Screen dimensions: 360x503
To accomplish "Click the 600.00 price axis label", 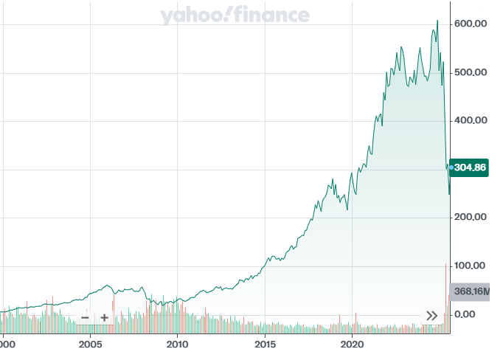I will [x=471, y=24].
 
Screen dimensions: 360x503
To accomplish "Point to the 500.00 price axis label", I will [x=471, y=72].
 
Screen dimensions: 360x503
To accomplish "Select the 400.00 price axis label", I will [x=471, y=120].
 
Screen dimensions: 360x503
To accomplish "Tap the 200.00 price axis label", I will [x=471, y=217].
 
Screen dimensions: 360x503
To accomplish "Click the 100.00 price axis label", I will [x=471, y=266].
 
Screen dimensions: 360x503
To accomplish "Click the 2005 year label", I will [x=90, y=344].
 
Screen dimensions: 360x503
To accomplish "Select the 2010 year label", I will [x=177, y=344].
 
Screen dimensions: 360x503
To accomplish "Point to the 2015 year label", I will [x=265, y=344].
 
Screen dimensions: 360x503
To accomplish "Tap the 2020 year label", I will [x=353, y=344].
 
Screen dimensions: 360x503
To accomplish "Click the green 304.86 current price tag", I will [x=471, y=167].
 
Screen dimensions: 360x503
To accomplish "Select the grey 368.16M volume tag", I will [x=471, y=291].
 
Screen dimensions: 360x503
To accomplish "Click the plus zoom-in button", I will [x=105, y=318].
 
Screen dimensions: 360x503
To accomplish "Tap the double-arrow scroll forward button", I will [x=431, y=316].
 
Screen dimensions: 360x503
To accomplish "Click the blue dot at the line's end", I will [x=451, y=167].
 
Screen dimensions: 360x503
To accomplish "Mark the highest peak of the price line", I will [x=437, y=21].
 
